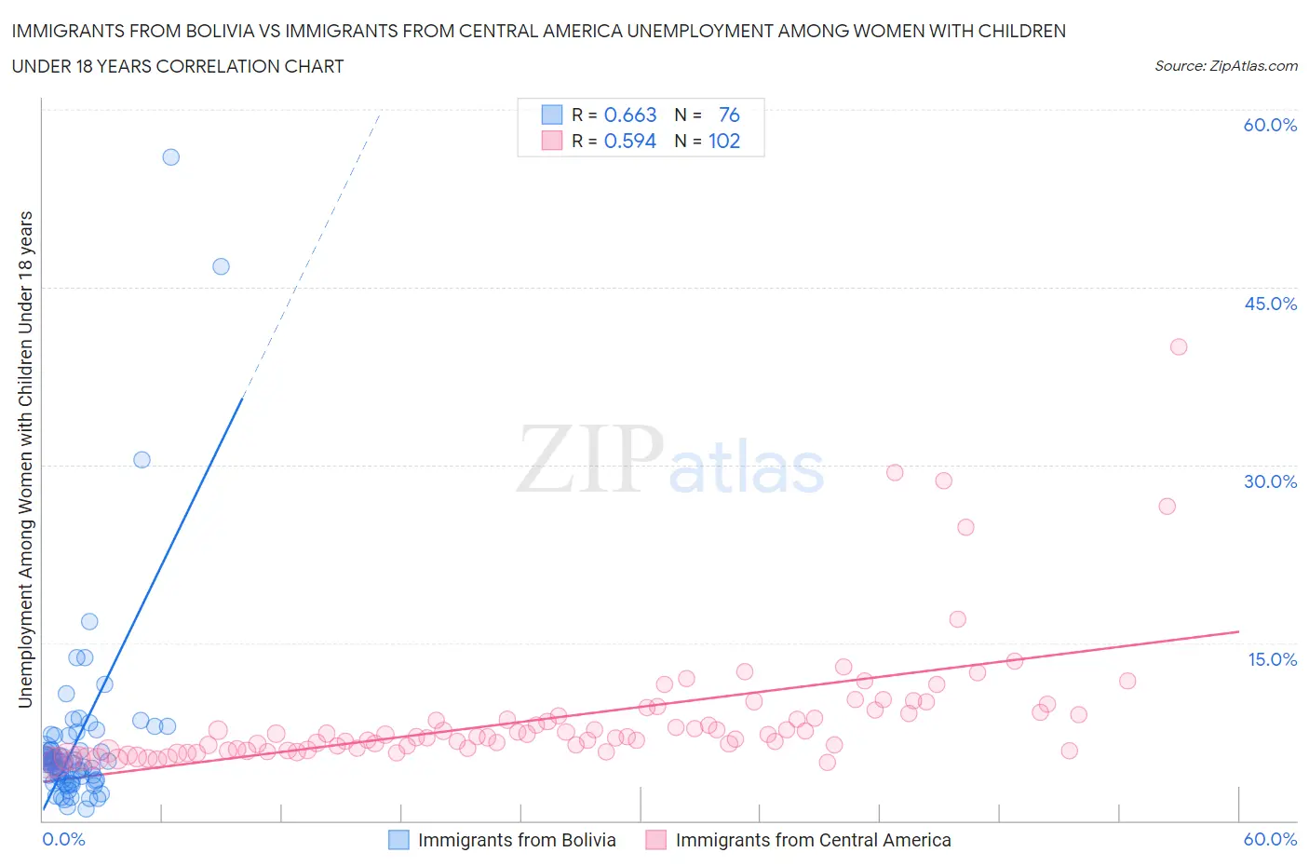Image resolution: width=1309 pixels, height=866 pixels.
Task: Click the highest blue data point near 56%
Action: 170,157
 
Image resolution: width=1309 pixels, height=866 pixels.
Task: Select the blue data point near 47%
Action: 221,266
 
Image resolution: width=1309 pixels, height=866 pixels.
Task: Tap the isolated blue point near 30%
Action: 142,460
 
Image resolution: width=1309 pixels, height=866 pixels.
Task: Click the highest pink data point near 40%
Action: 1179,346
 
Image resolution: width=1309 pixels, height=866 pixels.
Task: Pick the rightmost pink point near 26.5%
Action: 1167,507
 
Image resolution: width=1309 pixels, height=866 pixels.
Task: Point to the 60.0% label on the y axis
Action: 1270,125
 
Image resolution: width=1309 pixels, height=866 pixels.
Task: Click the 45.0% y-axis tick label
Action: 1270,304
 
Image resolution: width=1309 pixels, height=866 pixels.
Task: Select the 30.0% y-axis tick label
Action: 1270,481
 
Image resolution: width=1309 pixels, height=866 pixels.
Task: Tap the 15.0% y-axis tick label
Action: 1270,659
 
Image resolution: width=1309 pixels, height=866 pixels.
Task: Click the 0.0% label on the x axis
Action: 63,839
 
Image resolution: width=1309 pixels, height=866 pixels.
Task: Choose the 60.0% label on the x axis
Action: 1270,839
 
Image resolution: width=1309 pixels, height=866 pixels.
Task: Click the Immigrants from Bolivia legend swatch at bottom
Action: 398,840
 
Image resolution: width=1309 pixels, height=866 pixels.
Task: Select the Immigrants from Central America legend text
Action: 813,840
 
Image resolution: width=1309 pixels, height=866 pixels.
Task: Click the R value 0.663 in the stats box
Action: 630,115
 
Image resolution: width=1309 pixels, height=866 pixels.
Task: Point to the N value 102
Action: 723,141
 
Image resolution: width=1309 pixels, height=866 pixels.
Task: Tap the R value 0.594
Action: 630,141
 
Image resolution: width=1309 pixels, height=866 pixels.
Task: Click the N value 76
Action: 729,115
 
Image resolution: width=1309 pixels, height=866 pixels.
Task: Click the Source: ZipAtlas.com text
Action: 1225,66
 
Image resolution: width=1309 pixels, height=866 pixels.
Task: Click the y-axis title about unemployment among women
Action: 25,459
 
